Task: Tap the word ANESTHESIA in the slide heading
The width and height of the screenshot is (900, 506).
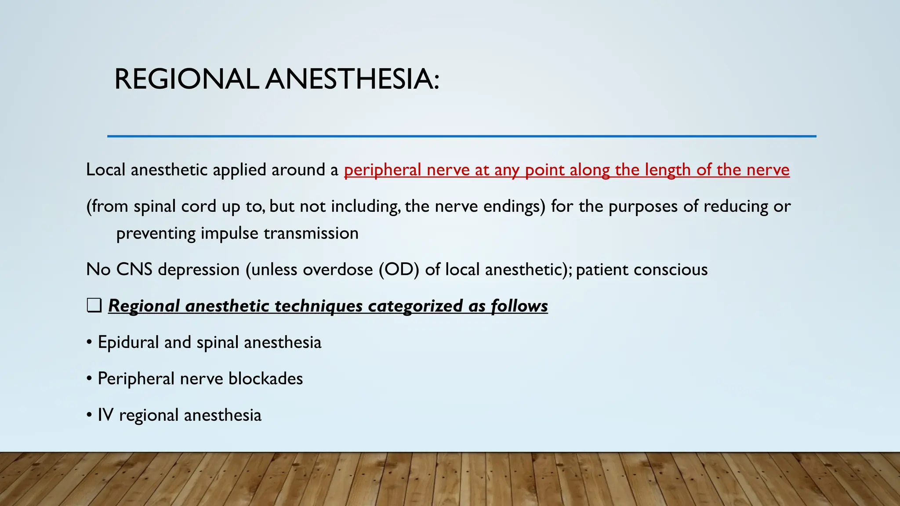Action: click(x=352, y=80)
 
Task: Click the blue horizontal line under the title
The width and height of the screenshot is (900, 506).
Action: click(x=461, y=136)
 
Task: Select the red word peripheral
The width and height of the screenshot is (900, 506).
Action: click(x=382, y=170)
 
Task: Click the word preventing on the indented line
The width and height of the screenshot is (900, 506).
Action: click(x=156, y=234)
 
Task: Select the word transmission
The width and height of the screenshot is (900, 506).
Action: click(x=311, y=233)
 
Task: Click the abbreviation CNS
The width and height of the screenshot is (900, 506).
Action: click(x=134, y=270)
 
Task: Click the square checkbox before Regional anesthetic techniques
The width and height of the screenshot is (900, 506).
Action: click(x=94, y=305)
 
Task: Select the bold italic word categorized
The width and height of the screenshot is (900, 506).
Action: click(x=415, y=306)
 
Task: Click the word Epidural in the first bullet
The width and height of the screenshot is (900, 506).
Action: click(x=128, y=343)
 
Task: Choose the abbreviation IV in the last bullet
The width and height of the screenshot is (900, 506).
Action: click(x=105, y=415)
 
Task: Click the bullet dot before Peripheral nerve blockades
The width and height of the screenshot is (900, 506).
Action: click(x=90, y=379)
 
